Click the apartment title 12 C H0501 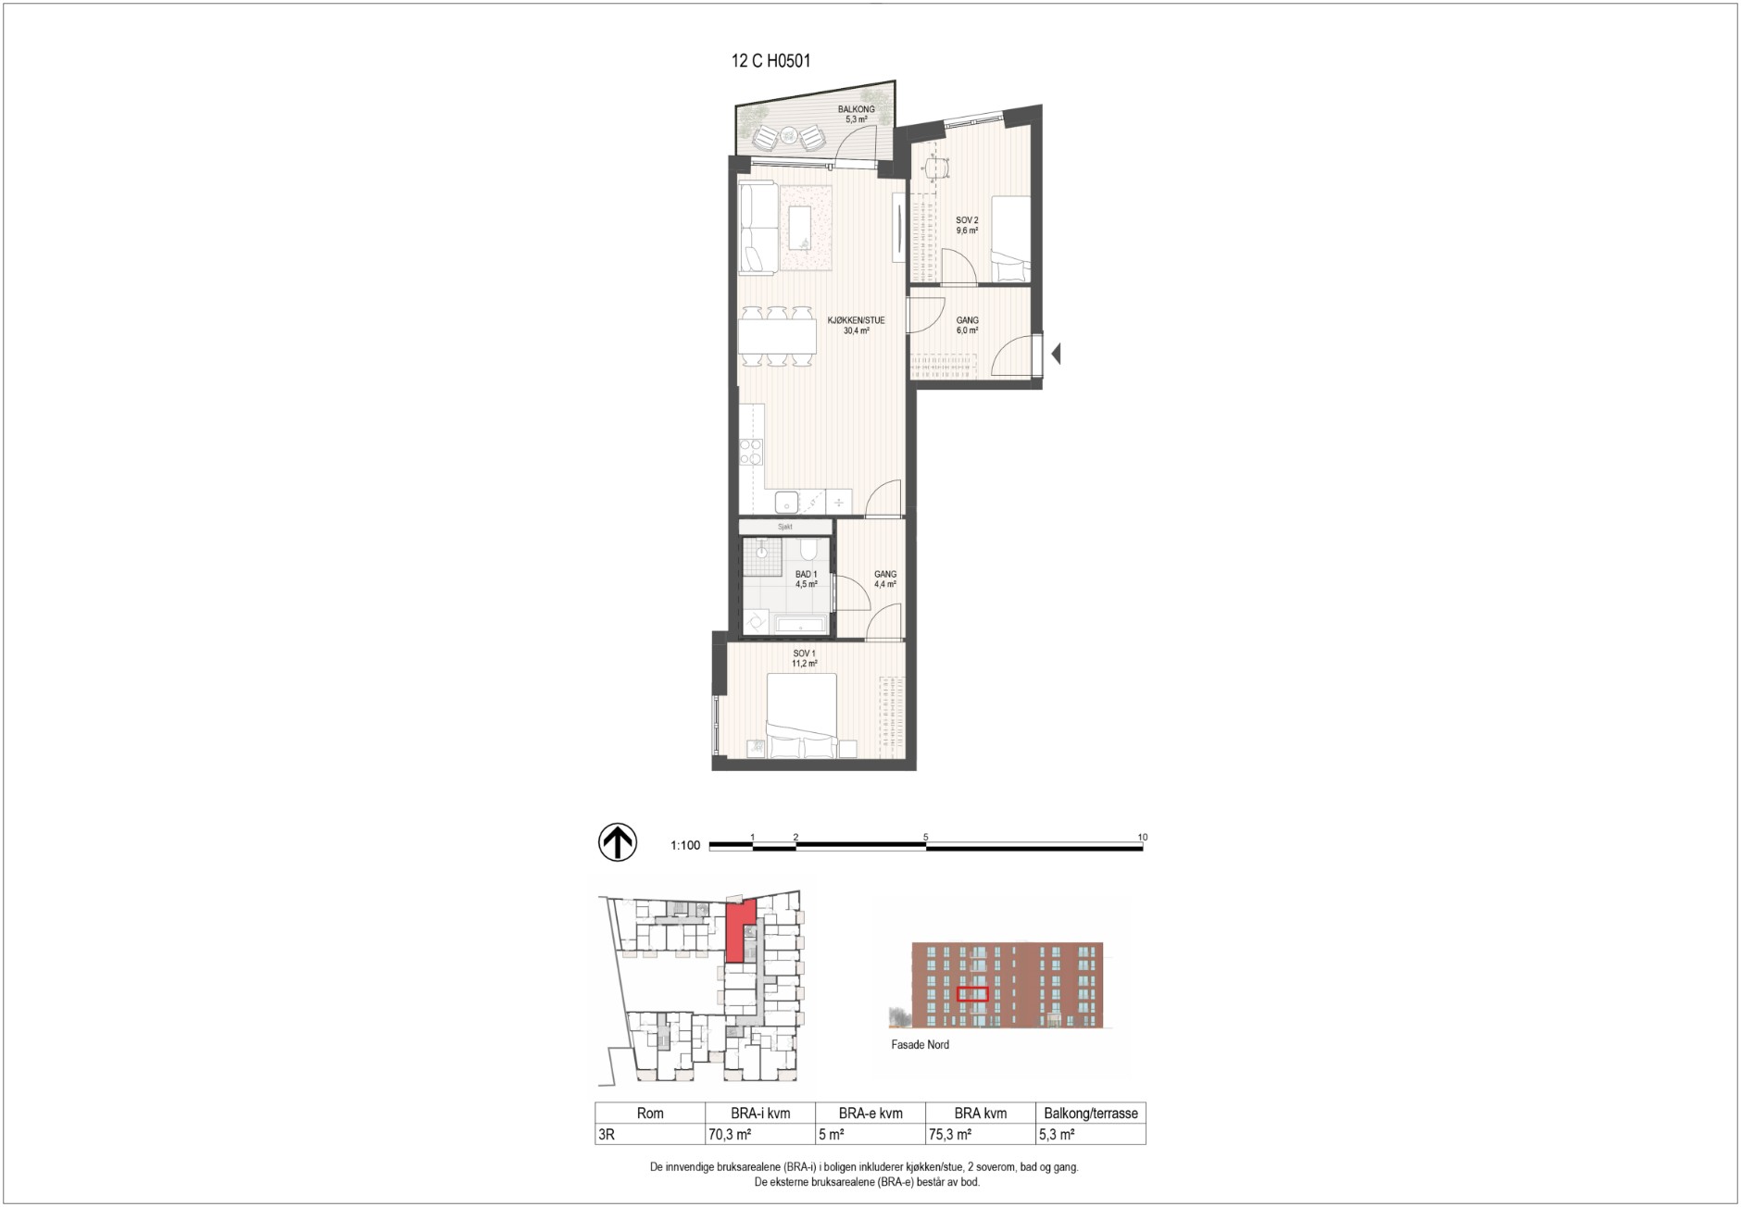click(770, 61)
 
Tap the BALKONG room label click(856, 109)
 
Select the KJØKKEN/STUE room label click(856, 320)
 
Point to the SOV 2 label click(967, 220)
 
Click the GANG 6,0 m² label click(967, 325)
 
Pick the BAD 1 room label click(806, 574)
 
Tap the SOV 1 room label click(804, 653)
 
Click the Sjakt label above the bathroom click(785, 527)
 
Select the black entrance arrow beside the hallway click(1056, 353)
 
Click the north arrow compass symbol click(618, 843)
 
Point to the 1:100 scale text click(685, 845)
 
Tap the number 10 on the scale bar click(1143, 837)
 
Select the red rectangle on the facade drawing click(972, 995)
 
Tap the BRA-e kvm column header click(870, 1114)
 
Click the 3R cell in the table click(607, 1134)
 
